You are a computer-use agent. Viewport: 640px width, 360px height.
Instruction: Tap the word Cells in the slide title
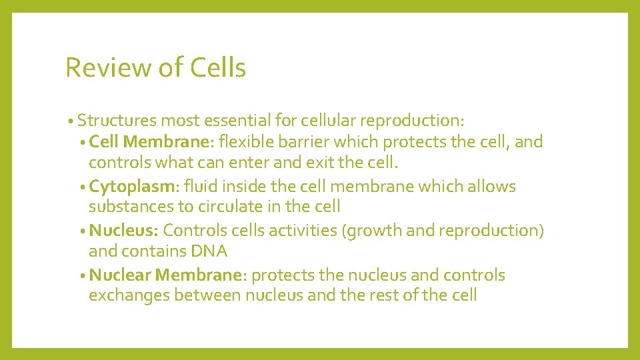217,68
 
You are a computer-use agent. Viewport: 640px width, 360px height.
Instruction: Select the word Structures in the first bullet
117,121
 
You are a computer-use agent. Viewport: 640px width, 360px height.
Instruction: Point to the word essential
236,121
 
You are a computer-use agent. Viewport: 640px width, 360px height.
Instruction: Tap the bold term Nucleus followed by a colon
123,231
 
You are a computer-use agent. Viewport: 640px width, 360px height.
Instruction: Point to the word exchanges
129,295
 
